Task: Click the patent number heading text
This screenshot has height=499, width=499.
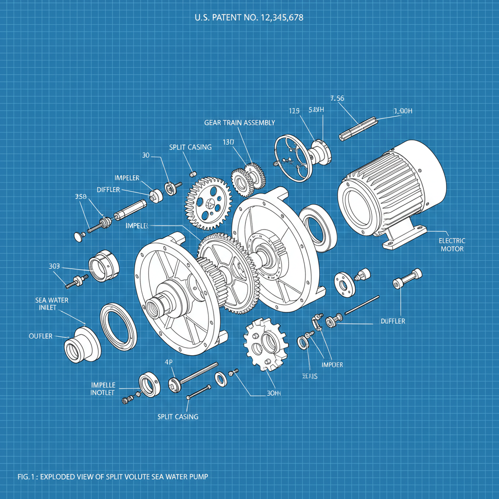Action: coord(249,18)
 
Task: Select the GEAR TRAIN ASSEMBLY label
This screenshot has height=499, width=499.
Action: coord(239,123)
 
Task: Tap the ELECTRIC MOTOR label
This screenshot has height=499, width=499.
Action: coord(452,245)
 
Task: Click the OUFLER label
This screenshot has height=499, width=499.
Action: coord(40,336)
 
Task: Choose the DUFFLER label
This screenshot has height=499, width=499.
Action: coord(392,321)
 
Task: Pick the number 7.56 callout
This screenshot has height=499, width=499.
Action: coord(337,98)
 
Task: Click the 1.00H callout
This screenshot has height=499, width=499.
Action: coord(403,111)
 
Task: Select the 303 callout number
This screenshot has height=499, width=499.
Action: coord(54,266)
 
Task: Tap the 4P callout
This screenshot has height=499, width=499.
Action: coord(170,362)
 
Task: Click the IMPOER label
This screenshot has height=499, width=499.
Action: coord(332,365)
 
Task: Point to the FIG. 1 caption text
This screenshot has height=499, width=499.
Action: coord(113,476)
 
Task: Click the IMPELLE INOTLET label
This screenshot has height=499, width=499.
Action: coord(103,388)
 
